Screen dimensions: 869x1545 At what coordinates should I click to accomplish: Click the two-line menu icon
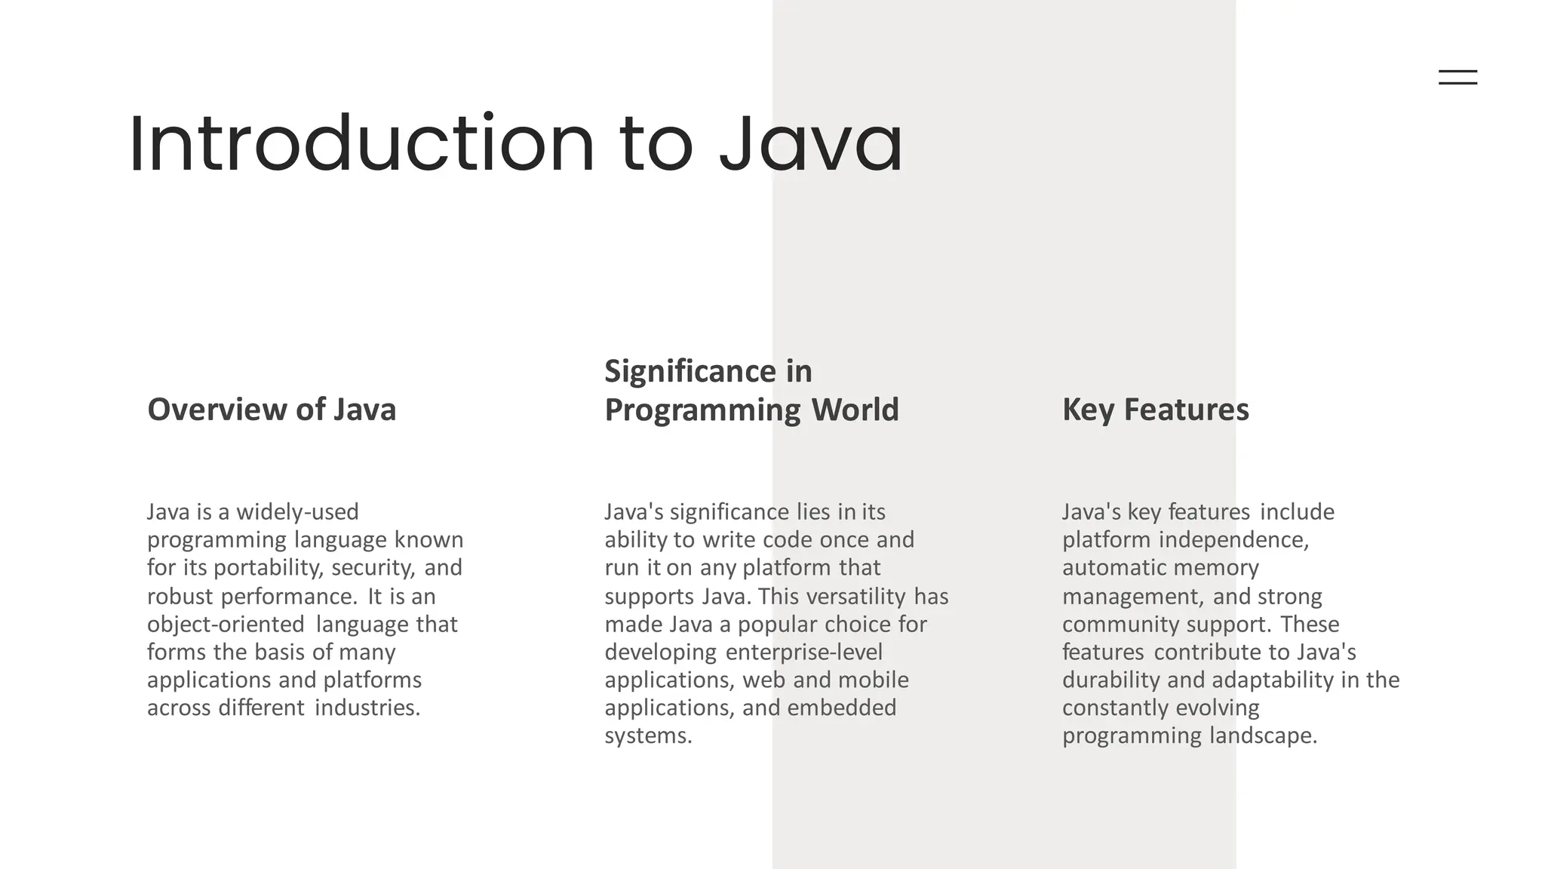tap(1457, 77)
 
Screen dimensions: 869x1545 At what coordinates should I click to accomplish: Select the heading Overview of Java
tap(272, 410)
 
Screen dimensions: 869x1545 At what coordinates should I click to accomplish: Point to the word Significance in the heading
tap(690, 371)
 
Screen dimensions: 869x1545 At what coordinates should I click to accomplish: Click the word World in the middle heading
tap(855, 410)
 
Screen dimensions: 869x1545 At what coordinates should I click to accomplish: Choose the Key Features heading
tap(1156, 410)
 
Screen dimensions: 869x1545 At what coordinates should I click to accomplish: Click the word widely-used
tap(297, 512)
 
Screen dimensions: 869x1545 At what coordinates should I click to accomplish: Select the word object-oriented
tap(226, 625)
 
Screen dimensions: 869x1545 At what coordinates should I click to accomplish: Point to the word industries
tap(367, 708)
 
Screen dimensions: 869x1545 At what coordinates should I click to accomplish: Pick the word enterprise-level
tap(803, 653)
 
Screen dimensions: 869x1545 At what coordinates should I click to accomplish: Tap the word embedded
tap(842, 708)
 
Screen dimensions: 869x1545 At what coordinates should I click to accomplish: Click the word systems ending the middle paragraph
tap(648, 736)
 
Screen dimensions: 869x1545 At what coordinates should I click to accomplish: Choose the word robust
tap(180, 597)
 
